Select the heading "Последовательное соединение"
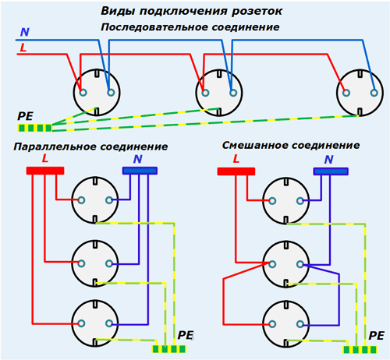click(190, 27)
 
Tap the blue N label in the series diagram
click(25, 32)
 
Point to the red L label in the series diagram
click(23, 48)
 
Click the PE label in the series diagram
click(25, 116)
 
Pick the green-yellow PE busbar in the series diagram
click(34, 128)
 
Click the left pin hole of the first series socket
click(83, 93)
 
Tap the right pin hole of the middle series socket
click(233, 93)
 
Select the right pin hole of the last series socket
click(374, 93)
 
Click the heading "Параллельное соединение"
click(90, 146)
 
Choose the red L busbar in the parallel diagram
click(45, 171)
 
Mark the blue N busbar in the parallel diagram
click(140, 171)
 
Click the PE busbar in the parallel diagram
click(169, 349)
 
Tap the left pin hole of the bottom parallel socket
click(81, 323)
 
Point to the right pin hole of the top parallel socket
click(109, 200)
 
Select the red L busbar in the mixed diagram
click(236, 171)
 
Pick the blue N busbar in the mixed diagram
click(331, 171)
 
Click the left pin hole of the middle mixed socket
click(272, 264)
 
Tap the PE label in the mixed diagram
click(376, 336)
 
